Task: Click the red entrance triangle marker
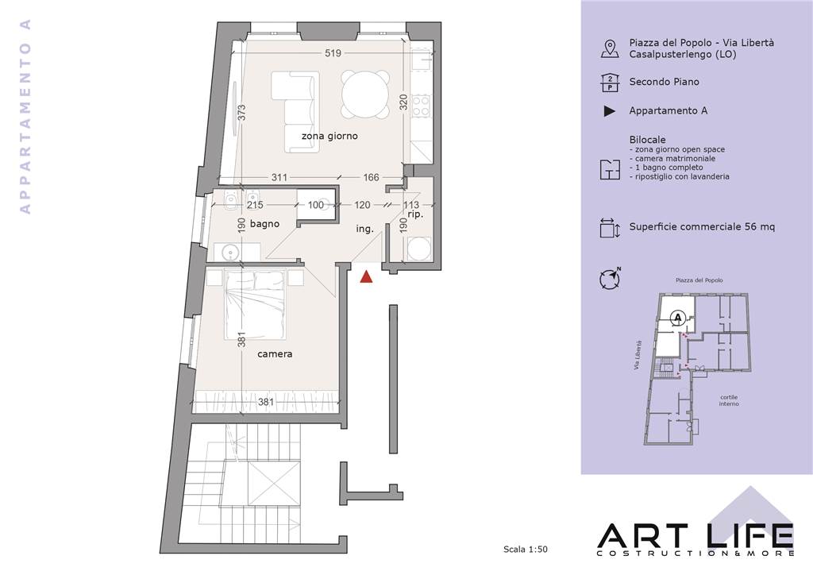coord(367,277)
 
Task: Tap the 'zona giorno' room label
coord(329,136)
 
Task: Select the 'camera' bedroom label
coord(275,354)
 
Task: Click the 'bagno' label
coord(264,224)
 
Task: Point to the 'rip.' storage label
coord(415,214)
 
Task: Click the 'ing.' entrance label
coord(365,229)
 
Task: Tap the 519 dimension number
coord(333,53)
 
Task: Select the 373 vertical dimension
coord(241,113)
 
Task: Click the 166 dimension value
coord(372,177)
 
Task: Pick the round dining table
coord(365,95)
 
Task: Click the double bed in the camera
coord(255,304)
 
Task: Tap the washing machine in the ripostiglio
coord(419,249)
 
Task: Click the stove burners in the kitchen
coord(421,106)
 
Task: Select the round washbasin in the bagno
coord(229,253)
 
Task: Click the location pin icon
coord(610,48)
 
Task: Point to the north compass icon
coord(611,279)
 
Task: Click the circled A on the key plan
coord(677,316)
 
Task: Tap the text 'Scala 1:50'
coord(526,549)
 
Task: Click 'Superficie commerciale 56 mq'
coord(702,226)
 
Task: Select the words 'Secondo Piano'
coord(665,82)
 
